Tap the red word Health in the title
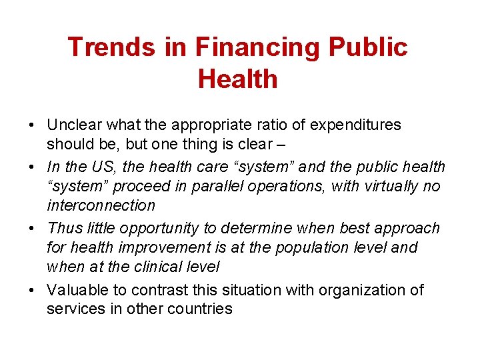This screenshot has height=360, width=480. click(x=237, y=79)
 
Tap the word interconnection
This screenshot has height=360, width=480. click(x=101, y=205)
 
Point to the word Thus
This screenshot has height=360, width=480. click(x=64, y=228)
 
